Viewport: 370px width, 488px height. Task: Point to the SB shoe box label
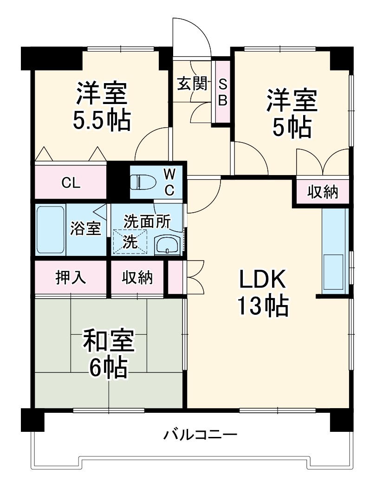point(222,92)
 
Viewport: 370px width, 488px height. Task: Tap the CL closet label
point(71,182)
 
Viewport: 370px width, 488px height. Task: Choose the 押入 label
point(70,277)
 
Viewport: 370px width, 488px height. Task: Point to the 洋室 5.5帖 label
point(102,106)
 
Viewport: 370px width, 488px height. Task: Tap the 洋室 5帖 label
point(291,114)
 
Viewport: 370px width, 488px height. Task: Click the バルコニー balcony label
point(200,435)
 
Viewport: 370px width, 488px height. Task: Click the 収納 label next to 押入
point(137,277)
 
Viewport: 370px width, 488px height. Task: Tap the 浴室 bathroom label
point(86,228)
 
